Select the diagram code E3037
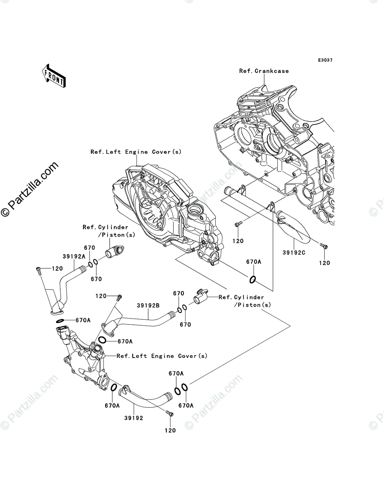[x=325, y=60]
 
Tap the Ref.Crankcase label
[x=264, y=71]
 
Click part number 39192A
[x=74, y=256]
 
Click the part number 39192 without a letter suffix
[x=134, y=418]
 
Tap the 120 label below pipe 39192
[x=170, y=430]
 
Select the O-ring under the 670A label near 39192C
[x=253, y=280]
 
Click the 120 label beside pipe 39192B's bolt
[x=101, y=296]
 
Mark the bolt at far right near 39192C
[x=324, y=245]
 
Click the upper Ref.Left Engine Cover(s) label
[x=136, y=152]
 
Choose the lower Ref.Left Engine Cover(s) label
[x=162, y=356]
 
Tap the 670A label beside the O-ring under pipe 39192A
[x=83, y=320]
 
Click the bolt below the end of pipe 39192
[x=169, y=414]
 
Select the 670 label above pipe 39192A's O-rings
[x=90, y=248]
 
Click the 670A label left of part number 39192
[x=112, y=405]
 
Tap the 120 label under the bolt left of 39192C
[x=238, y=241]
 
